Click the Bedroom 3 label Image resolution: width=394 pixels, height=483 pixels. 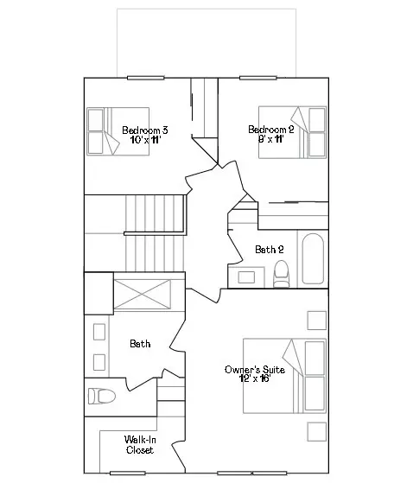coord(145,130)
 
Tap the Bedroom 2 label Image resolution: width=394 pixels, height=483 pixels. coord(271,130)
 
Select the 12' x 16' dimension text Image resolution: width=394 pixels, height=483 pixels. coord(255,378)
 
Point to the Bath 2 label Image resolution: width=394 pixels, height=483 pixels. coord(270,249)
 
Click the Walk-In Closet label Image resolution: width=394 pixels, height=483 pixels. coord(140,444)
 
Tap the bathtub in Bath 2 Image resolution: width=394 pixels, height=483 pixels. coord(313,258)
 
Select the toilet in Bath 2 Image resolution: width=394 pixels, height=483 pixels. coord(282,274)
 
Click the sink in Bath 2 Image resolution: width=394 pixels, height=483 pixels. coord(246,277)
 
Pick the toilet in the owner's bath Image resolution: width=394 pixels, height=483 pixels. coord(102,396)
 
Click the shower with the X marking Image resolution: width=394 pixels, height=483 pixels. coord(142,294)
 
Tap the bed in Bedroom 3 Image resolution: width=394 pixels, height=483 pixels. coord(118,131)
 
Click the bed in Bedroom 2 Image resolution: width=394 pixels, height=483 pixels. coord(292,132)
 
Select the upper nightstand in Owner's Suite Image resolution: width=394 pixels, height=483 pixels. coord(317,321)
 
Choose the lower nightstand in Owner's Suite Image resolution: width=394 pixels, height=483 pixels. coord(317,432)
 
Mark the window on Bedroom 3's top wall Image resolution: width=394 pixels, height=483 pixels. coord(145,78)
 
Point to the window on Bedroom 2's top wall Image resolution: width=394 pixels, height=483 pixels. coord(258,78)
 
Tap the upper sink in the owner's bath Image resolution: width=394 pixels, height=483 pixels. coord(99,332)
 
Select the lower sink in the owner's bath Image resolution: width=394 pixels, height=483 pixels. coord(99,362)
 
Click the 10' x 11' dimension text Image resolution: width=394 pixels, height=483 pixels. coord(145,140)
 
